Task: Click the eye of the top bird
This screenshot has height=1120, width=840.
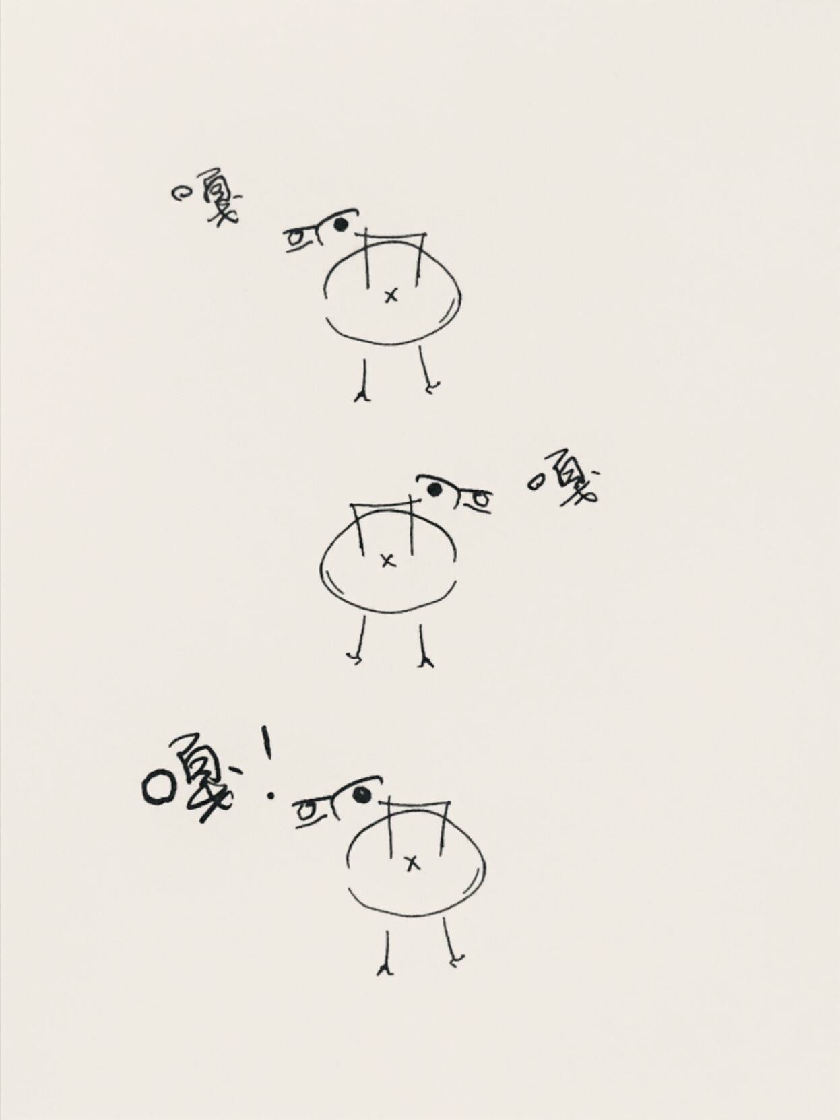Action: click(340, 224)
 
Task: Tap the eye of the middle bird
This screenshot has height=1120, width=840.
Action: click(434, 490)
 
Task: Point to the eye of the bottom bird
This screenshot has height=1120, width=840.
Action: click(361, 795)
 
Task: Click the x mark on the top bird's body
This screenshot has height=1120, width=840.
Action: click(391, 296)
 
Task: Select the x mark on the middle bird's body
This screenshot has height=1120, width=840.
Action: click(388, 561)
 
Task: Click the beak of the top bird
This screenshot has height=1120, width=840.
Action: click(301, 239)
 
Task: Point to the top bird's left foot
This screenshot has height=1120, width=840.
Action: click(363, 396)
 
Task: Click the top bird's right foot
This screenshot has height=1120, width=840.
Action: click(432, 387)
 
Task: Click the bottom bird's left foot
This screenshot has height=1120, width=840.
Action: click(385, 969)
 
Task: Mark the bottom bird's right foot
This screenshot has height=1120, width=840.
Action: click(457, 960)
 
